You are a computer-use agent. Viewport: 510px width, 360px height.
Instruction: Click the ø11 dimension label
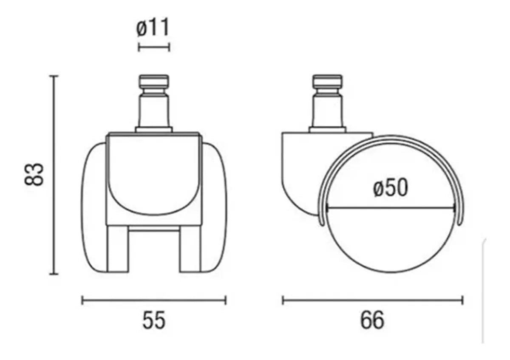[153, 28]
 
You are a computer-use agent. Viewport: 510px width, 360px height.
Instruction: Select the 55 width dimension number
[153, 320]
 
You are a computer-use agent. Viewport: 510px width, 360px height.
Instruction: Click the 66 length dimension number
[372, 320]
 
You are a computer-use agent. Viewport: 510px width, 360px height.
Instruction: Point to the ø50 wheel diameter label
[390, 188]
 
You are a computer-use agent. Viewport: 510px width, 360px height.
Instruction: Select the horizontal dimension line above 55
[153, 301]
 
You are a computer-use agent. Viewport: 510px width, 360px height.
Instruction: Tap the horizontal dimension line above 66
[372, 301]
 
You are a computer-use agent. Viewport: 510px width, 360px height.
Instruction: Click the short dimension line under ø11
[154, 47]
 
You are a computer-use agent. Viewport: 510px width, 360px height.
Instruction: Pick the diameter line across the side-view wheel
[390, 208]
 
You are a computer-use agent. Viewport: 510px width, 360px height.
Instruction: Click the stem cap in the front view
[154, 81]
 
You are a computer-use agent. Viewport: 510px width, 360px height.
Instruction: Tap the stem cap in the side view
[327, 81]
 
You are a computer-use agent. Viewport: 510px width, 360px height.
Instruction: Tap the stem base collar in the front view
[154, 128]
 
